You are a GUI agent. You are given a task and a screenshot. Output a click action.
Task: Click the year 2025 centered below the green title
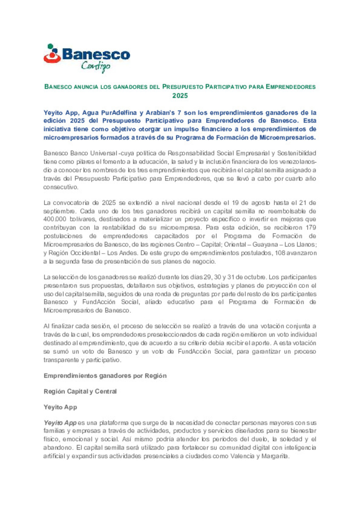click(x=180, y=96)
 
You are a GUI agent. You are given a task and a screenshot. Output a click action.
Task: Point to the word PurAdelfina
click(x=119, y=113)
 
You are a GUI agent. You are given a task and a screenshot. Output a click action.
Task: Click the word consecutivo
click(x=60, y=187)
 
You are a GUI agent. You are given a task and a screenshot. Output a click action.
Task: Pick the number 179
click(x=311, y=228)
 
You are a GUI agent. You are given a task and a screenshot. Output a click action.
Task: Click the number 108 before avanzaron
click(x=280, y=253)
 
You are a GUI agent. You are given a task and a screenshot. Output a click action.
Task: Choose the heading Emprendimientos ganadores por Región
click(x=105, y=376)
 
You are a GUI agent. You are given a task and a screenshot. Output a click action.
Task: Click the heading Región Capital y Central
click(x=80, y=391)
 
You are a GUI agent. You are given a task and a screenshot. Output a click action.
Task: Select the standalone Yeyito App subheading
click(x=60, y=407)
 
